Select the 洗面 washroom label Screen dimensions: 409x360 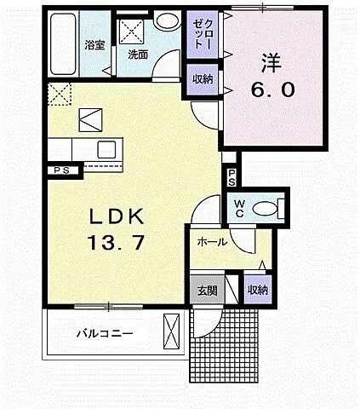(138, 55)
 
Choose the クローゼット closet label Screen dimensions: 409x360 (199, 33)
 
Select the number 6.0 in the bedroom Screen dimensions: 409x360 (272, 89)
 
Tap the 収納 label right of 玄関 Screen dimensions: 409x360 (256, 290)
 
